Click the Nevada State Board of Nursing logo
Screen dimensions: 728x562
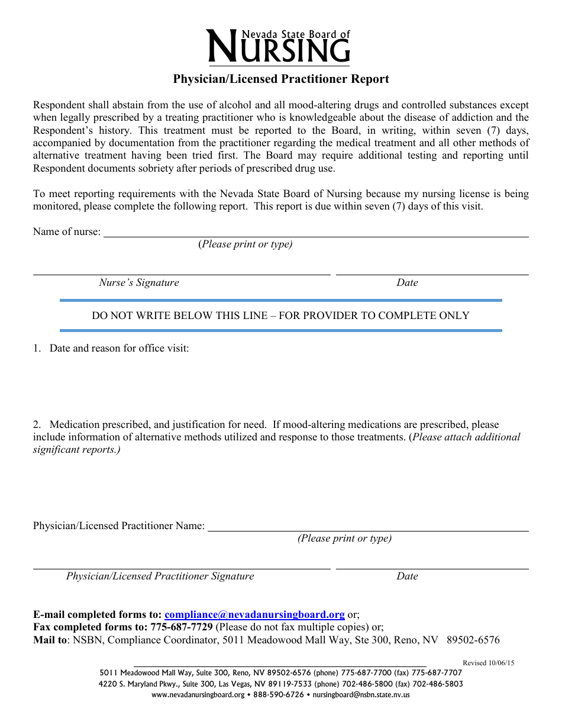point(278,46)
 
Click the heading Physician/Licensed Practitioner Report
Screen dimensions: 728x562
point(281,79)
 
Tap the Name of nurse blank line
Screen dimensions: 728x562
point(316,233)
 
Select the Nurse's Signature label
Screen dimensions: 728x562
point(139,283)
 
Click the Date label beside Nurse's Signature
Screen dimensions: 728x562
point(407,283)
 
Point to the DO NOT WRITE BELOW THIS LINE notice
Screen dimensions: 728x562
point(280,316)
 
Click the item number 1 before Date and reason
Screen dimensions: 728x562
point(37,349)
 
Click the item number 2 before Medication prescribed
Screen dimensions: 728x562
point(37,425)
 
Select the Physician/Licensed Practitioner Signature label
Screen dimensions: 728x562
point(160,576)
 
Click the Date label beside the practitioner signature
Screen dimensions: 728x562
point(407,576)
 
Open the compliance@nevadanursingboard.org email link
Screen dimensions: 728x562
point(254,615)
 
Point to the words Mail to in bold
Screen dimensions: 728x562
point(51,640)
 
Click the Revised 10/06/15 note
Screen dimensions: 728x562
point(488,663)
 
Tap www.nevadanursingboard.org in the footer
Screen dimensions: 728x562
point(198,695)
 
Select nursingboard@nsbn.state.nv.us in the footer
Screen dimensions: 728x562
point(361,695)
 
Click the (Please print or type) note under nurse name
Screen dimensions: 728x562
point(245,244)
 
